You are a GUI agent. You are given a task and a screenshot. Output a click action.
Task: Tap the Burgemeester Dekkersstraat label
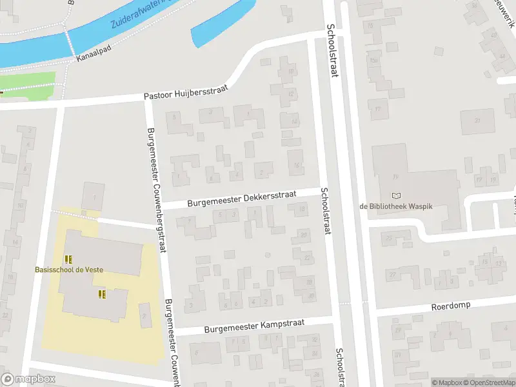241,198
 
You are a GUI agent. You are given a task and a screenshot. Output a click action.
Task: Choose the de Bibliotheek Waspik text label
395,206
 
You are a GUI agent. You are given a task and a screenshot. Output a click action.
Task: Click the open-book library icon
395,195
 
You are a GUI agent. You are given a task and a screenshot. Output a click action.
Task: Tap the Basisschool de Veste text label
69,269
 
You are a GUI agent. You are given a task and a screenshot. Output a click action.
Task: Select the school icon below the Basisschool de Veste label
101,294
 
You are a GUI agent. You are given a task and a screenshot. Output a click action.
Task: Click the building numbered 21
478,121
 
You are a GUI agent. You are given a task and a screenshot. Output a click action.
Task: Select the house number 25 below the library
389,238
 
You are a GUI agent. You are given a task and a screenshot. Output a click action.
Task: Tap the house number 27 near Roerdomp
392,275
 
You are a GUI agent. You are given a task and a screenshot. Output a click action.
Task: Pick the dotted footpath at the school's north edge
74,213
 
